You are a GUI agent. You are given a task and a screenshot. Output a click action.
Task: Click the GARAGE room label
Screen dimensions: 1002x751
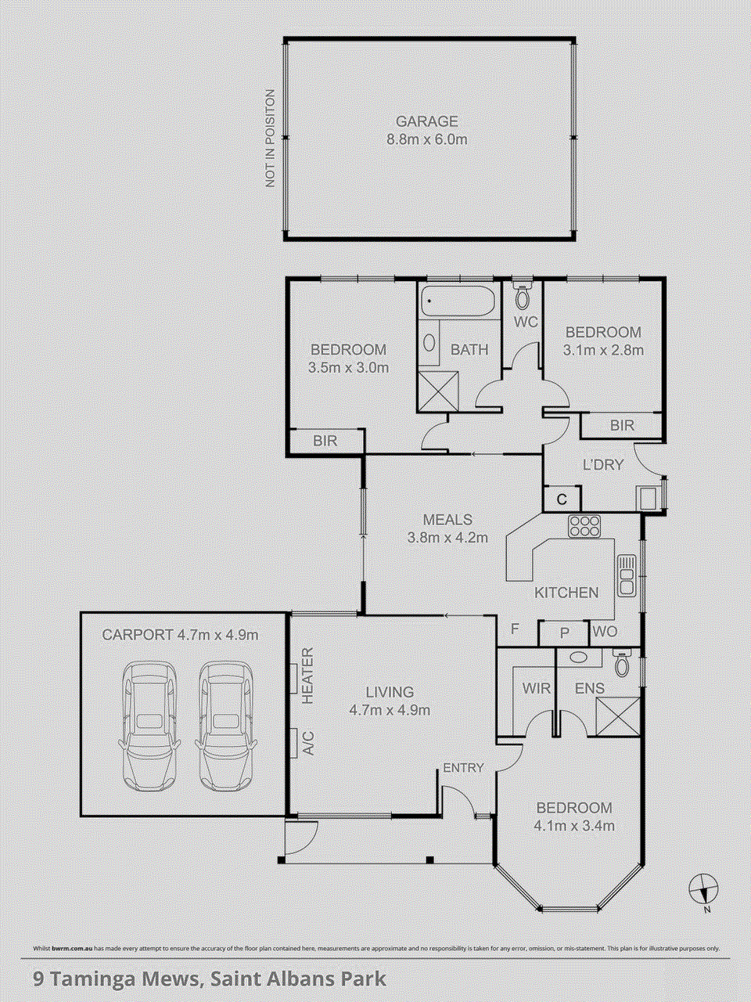coord(426,122)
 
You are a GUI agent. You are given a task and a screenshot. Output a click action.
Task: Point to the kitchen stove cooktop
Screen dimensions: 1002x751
coord(584,526)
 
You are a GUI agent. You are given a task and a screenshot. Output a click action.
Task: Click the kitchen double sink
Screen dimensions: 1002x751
coord(627,575)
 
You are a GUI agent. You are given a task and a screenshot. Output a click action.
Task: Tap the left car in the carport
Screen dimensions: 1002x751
coord(150,725)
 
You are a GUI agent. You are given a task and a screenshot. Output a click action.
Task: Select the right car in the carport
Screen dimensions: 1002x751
coord(225,725)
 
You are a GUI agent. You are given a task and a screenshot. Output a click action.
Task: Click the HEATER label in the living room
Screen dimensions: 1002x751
coord(307,675)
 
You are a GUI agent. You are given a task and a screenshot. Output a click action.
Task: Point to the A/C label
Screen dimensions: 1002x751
coord(307,742)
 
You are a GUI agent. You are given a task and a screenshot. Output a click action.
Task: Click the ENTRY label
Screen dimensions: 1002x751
coord(463,768)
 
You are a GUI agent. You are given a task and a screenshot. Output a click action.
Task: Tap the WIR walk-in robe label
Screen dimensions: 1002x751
coord(537,689)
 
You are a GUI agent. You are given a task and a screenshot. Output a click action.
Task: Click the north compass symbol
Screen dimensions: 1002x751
coord(704,889)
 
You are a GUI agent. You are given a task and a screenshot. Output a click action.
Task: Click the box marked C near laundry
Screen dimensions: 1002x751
coord(562,499)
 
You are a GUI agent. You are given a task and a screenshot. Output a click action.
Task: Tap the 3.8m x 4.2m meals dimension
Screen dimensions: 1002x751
coord(447,538)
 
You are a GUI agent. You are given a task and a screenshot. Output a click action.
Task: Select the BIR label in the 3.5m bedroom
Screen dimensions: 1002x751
coord(325,442)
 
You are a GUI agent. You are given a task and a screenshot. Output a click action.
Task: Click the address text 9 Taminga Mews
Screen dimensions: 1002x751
coord(117,979)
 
